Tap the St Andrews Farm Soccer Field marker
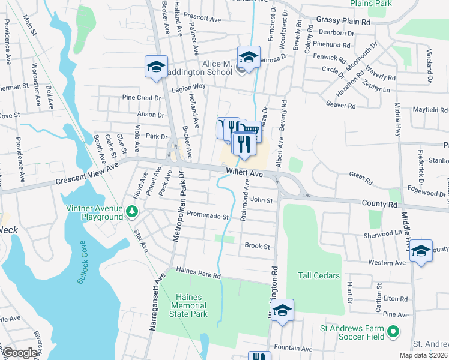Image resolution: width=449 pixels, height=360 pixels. click(393, 331)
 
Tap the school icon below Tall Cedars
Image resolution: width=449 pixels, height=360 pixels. click(282, 310)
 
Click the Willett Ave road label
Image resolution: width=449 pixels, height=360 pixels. click(245, 173)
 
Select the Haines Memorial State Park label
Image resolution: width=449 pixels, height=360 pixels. click(191, 305)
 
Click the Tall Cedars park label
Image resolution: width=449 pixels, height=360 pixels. click(319, 275)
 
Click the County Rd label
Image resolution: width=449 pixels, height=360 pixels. click(379, 204)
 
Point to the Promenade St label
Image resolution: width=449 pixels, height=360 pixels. click(208, 215)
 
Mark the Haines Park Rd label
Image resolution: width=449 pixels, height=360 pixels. click(198, 275)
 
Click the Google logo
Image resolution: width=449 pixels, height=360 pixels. click(19, 353)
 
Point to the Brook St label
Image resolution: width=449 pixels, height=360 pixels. click(258, 246)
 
